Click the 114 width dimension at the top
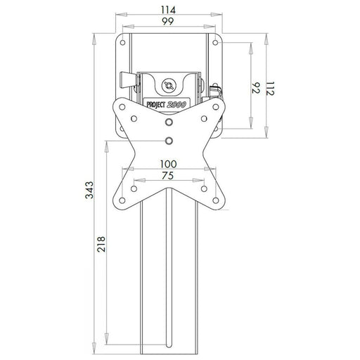coord(169,10)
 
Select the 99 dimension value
coord(169,23)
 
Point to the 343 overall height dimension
coord(89,193)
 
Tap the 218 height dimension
coord(103,243)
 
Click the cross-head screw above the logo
coord(169,85)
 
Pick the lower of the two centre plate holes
coord(169,141)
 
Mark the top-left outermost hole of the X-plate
coord(122,110)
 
